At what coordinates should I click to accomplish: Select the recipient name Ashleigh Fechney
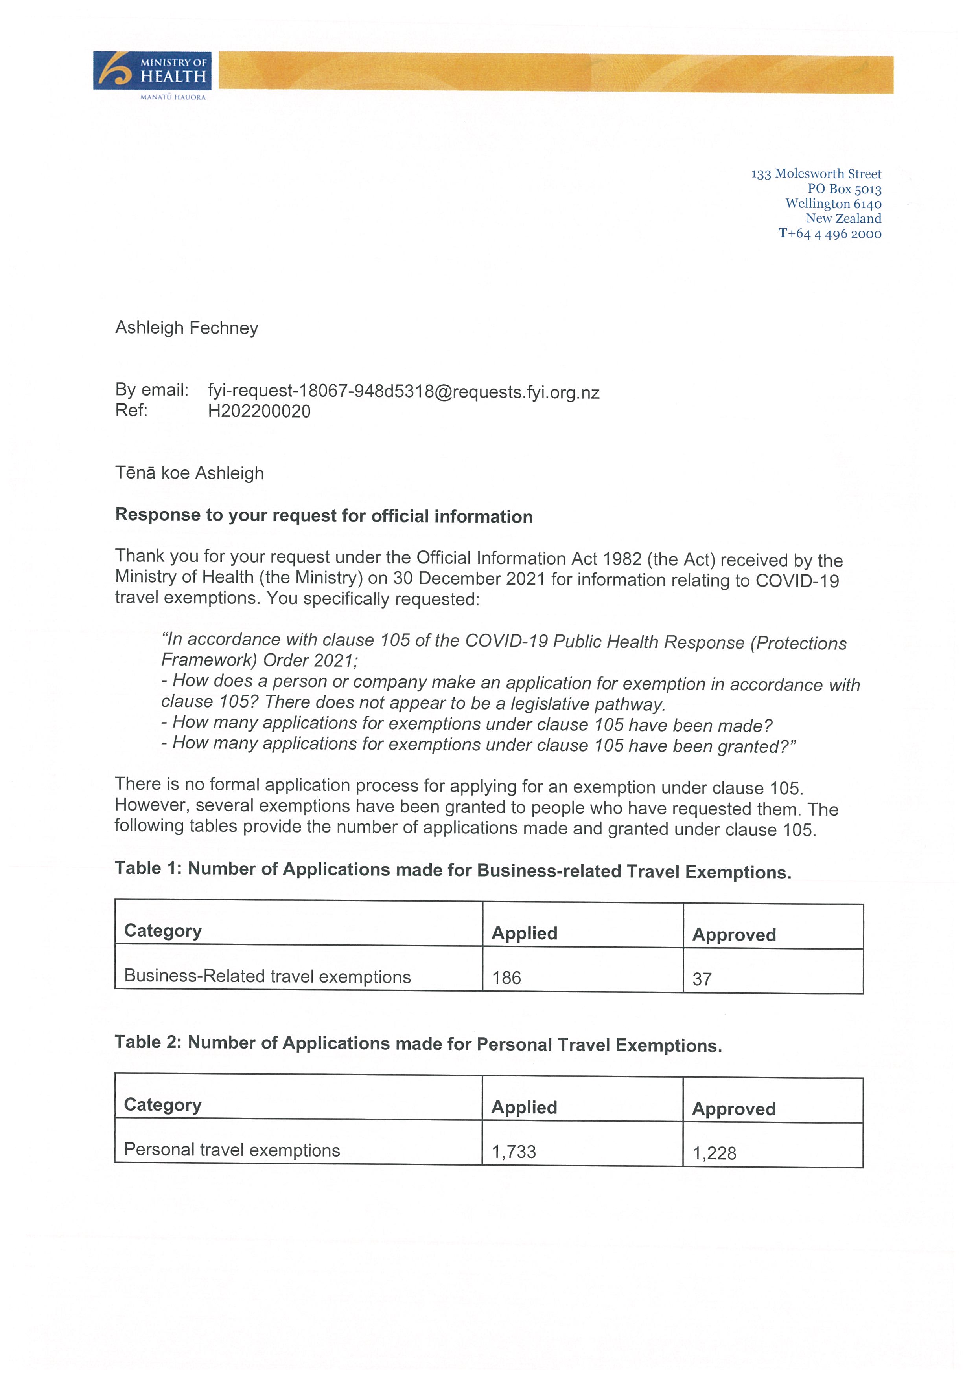click(186, 328)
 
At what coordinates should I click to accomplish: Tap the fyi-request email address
click(403, 392)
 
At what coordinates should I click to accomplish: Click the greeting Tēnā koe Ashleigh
click(189, 473)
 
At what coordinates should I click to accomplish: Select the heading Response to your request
click(323, 516)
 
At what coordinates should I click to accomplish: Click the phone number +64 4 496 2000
click(830, 234)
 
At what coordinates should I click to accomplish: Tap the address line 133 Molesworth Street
click(816, 174)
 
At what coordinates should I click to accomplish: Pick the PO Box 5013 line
click(844, 189)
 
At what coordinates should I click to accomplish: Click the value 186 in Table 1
click(506, 978)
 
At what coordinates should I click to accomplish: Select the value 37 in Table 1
click(702, 979)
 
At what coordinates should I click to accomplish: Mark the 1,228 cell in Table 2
click(714, 1153)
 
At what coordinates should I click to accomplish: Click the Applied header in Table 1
click(524, 933)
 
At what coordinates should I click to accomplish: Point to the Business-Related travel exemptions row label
click(267, 977)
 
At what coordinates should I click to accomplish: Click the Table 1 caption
click(453, 870)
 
